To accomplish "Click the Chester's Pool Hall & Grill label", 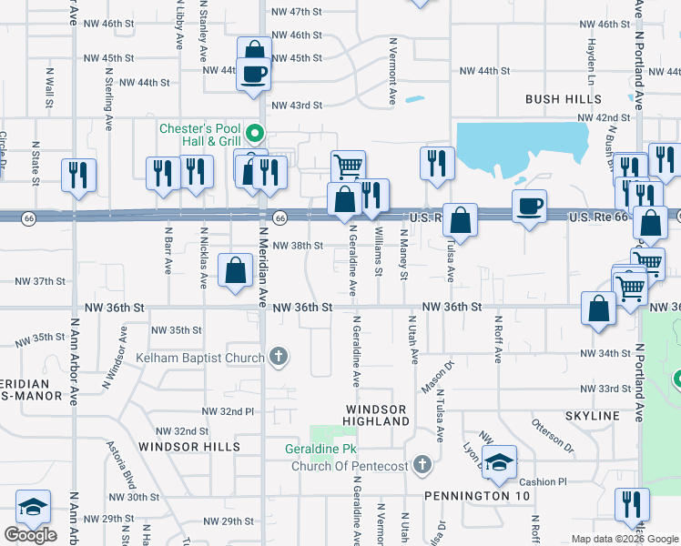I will tap(199, 135).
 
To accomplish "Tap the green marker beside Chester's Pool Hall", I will tap(256, 136).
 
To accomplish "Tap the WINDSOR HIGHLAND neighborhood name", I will tap(376, 415).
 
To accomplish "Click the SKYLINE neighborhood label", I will tap(592, 416).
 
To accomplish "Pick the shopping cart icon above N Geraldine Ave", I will tap(348, 167).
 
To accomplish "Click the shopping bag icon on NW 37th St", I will tap(236, 271).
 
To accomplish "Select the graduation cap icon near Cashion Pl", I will tap(499, 463).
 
